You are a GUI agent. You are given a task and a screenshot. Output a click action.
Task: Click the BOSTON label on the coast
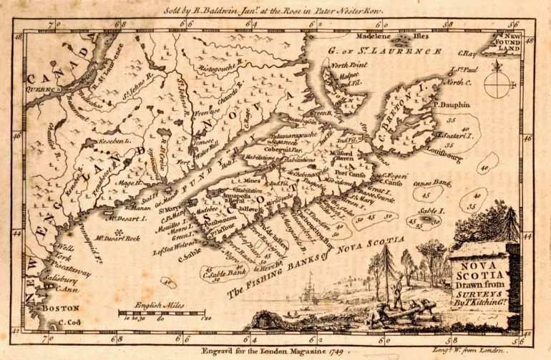pos(55,308)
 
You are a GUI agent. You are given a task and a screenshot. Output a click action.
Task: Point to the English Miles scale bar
pos(158,312)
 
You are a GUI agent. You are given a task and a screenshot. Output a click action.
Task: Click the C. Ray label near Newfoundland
pos(468,53)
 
